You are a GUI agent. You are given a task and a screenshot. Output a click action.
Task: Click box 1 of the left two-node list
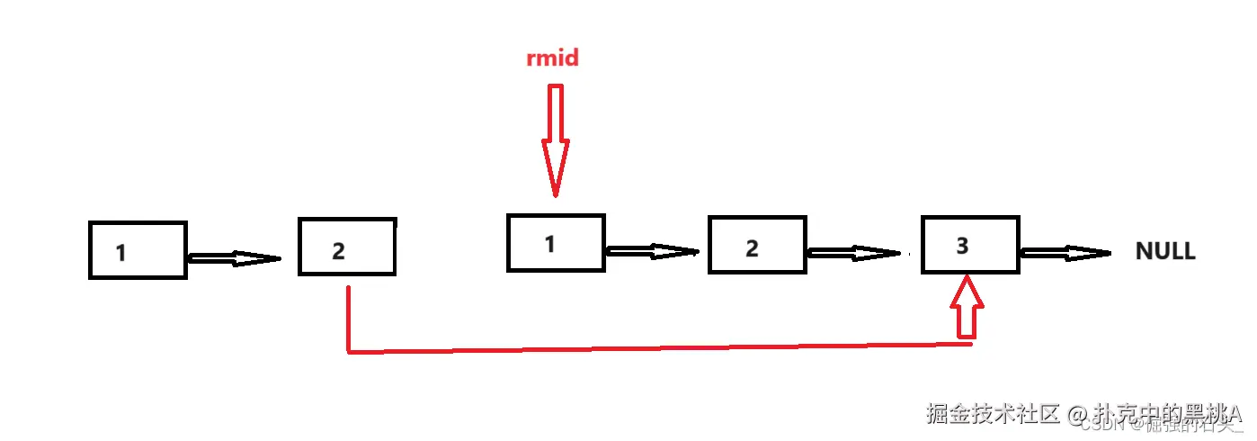(x=138, y=250)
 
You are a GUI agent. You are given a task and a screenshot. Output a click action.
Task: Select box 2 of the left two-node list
(x=347, y=246)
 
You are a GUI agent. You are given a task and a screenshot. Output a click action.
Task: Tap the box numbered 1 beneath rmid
(x=556, y=242)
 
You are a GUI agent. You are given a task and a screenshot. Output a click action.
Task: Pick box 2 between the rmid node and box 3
(x=757, y=245)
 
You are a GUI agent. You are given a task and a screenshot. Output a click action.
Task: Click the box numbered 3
(x=970, y=244)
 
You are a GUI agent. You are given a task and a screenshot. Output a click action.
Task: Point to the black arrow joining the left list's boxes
(x=233, y=259)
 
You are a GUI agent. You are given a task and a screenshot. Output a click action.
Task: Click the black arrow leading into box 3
(x=853, y=253)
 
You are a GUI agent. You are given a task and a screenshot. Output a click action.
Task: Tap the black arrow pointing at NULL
(x=1065, y=253)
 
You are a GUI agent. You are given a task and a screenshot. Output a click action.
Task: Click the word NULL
(x=1165, y=251)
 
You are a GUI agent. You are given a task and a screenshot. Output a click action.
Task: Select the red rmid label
(x=552, y=59)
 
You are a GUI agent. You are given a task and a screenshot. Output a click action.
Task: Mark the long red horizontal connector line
(x=656, y=347)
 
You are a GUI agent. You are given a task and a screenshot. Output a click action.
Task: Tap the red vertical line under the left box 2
(x=347, y=315)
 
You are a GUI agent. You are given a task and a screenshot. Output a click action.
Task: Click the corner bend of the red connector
(x=348, y=351)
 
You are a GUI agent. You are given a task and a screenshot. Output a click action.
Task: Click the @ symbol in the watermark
(x=1078, y=414)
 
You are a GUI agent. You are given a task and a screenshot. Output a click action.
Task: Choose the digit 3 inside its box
(x=962, y=245)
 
